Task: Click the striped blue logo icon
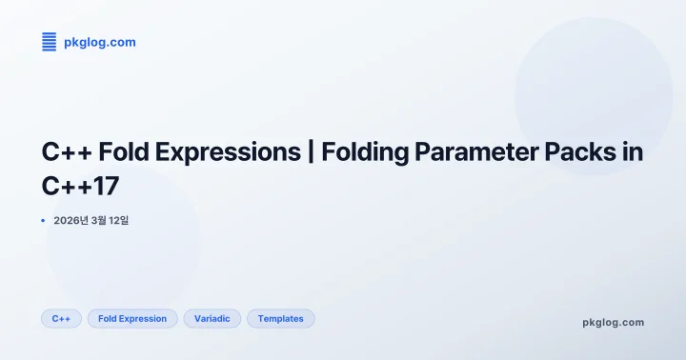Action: [50, 41]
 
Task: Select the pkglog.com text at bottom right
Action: [613, 322]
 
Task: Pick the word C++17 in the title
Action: [81, 184]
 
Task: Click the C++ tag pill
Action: [61, 319]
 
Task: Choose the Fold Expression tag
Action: [132, 319]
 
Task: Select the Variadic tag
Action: [212, 319]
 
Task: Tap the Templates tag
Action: [280, 319]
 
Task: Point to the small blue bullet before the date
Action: [43, 221]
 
